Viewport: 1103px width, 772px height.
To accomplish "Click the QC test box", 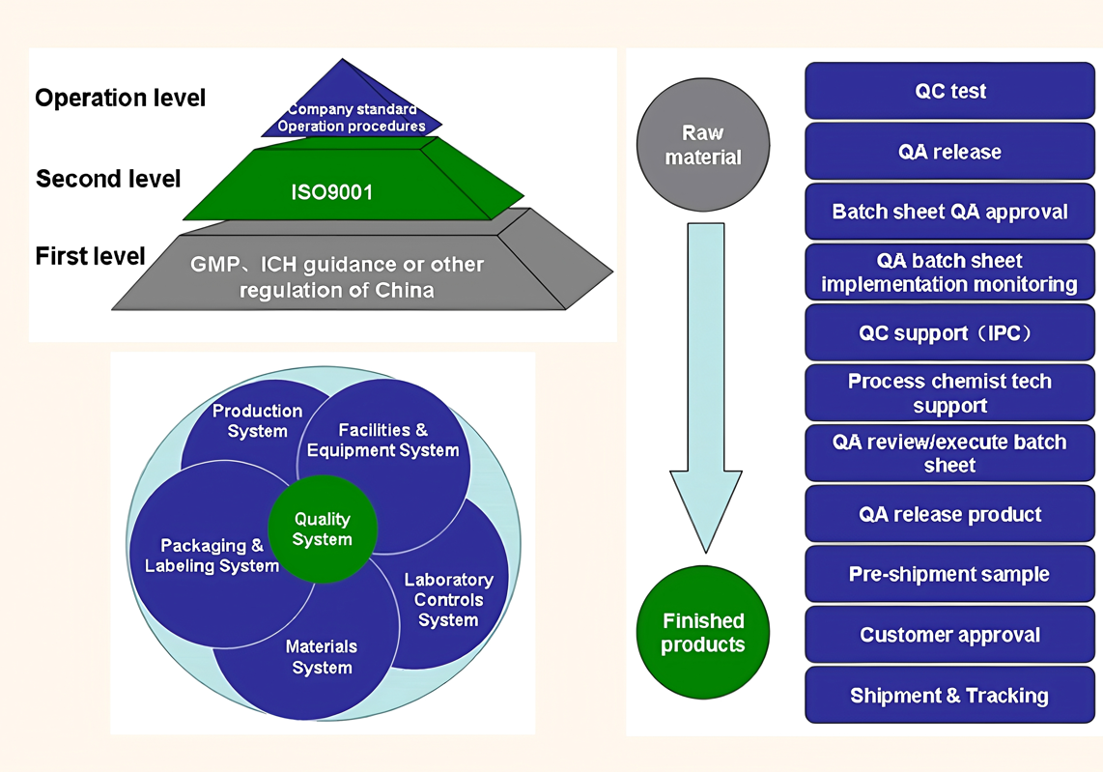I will point(950,91).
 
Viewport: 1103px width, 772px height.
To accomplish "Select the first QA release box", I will point(950,152).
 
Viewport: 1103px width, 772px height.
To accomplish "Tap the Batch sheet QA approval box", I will point(950,212).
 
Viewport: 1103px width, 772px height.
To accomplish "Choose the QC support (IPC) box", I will point(950,333).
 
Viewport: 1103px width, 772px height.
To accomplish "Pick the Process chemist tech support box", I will point(950,393).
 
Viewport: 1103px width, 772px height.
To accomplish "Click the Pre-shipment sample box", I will point(950,574).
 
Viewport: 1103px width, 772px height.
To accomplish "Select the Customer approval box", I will point(950,635).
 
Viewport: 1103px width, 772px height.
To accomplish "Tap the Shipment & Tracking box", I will point(950,696).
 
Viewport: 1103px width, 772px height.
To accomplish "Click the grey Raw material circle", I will point(703,145).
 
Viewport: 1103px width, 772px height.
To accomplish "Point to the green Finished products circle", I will point(703,633).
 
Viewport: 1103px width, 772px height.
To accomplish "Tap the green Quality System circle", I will point(323,529).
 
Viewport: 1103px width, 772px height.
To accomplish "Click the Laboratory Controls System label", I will point(448,599).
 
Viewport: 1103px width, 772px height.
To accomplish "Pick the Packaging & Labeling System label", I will point(212,556).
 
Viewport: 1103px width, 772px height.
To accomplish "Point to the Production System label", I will point(257,420).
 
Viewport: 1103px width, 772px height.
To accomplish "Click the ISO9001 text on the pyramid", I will point(332,191).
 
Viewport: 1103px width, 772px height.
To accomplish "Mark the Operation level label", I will point(121,98).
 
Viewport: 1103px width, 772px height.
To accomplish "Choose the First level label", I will point(90,256).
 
